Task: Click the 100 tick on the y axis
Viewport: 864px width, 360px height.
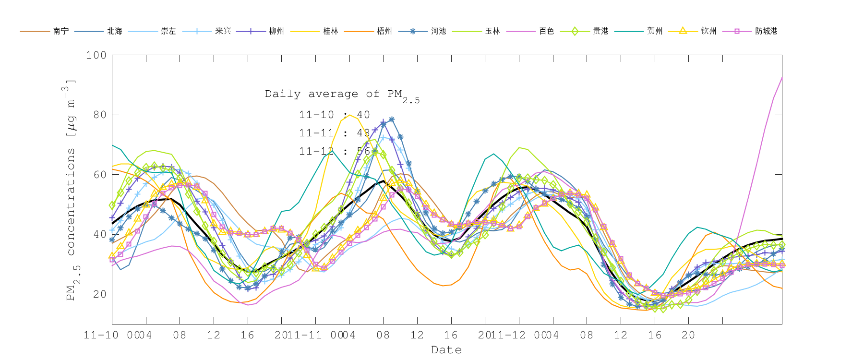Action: pyautogui.click(x=96, y=55)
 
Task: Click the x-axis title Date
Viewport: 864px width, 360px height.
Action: pyautogui.click(x=446, y=350)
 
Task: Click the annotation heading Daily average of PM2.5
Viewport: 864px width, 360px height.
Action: pyautogui.click(x=342, y=95)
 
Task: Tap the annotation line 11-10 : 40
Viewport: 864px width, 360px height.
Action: pyautogui.click(x=334, y=115)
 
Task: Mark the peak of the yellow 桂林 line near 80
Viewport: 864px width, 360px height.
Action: pyautogui.click(x=350, y=115)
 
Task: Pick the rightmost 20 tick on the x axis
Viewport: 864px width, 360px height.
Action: pyautogui.click(x=688, y=335)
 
